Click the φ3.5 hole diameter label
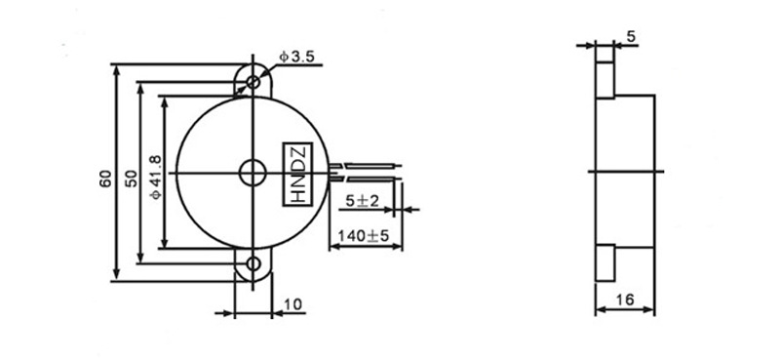296,57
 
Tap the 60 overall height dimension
105,179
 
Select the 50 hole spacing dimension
131,179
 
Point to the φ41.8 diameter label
155,177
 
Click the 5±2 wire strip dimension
362,201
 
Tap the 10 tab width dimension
293,304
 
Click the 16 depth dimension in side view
625,300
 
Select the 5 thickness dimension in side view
631,36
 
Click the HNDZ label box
297,175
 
